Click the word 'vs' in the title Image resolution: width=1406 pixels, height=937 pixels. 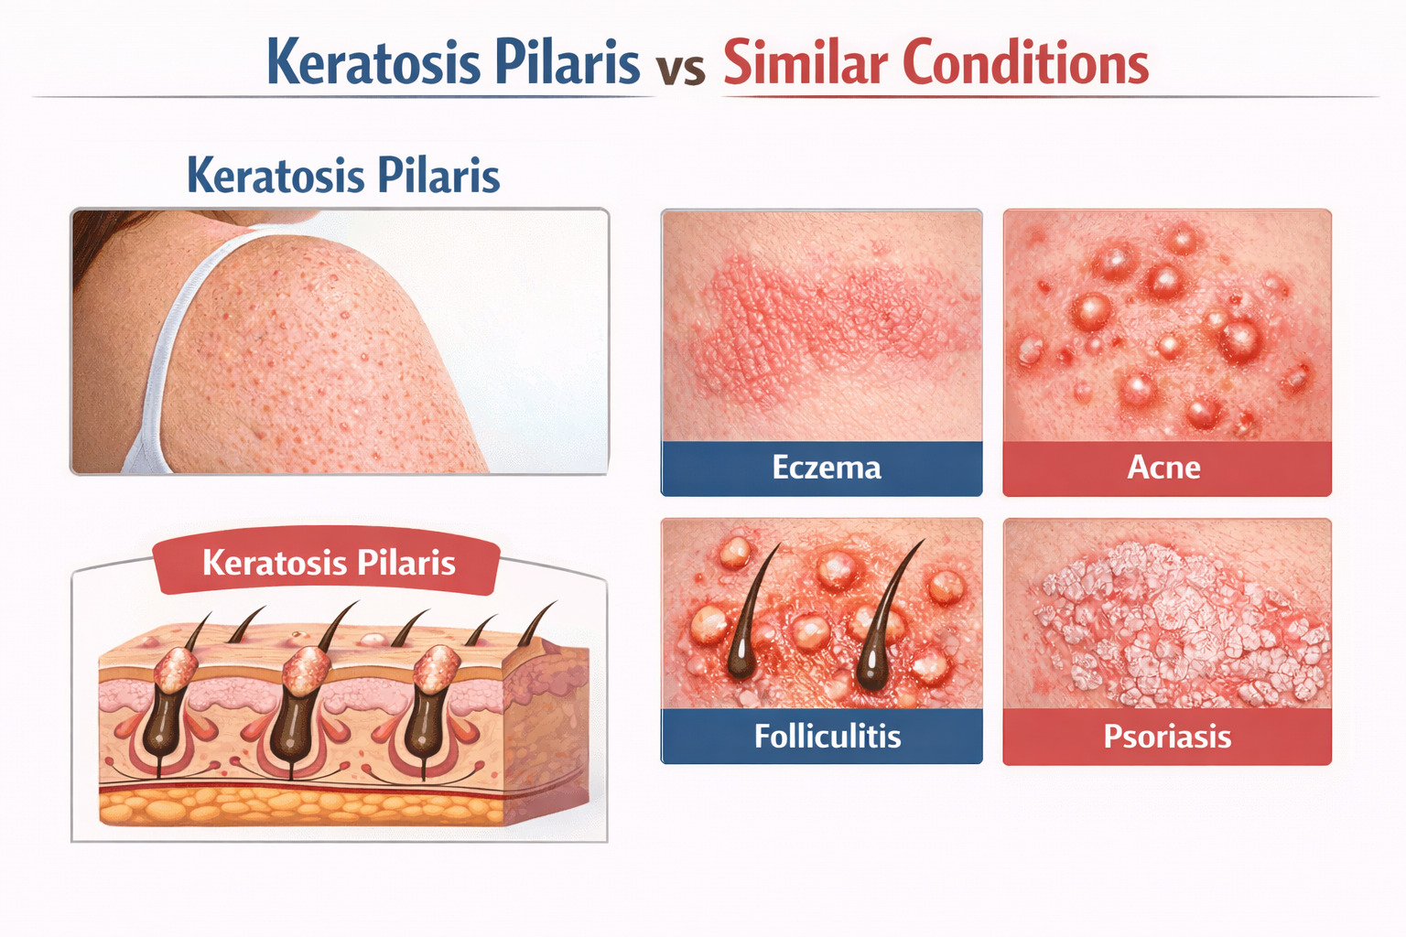point(680,69)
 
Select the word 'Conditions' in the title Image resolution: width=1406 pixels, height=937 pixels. point(1025,63)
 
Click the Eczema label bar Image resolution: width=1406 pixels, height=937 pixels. point(821,468)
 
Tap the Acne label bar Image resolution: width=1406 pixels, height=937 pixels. point(1166,468)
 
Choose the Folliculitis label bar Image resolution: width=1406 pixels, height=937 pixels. point(821,736)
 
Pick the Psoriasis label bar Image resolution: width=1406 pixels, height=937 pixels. point(1166,736)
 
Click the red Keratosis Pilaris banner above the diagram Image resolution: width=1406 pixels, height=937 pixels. point(328,562)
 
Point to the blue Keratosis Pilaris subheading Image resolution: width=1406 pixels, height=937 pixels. point(343,175)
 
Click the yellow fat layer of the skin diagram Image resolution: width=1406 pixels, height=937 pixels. point(302,807)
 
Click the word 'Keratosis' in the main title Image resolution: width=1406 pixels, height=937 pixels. point(373,63)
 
